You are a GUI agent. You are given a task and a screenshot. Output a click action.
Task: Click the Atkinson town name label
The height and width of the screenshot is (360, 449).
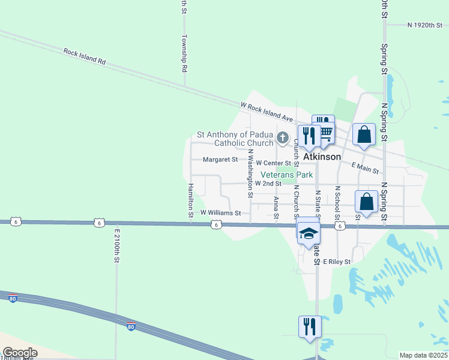click(322, 157)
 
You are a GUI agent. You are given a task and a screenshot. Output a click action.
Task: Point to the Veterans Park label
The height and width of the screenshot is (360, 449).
click(286, 175)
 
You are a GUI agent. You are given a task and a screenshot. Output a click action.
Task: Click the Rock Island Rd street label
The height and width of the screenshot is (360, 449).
click(85, 57)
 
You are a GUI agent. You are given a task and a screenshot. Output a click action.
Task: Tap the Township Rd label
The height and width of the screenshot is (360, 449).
click(185, 57)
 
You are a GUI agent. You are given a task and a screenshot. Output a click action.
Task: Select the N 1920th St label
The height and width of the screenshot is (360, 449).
click(424, 26)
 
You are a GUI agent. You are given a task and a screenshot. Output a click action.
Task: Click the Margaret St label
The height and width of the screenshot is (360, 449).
click(220, 160)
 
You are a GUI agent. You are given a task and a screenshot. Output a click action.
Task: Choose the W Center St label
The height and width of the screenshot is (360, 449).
click(273, 163)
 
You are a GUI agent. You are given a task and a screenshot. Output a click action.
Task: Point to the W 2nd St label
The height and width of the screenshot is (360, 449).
click(268, 183)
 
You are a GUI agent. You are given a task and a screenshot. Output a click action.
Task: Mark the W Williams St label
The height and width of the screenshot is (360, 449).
click(220, 212)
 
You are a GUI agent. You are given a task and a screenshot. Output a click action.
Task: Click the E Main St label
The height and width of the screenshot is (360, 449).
click(366, 167)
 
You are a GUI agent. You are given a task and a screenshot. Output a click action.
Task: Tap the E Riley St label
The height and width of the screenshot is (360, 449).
click(336, 262)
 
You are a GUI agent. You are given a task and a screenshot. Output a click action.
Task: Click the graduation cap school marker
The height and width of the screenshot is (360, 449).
click(309, 233)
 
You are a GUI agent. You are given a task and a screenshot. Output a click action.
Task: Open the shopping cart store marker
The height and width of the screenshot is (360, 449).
click(325, 131)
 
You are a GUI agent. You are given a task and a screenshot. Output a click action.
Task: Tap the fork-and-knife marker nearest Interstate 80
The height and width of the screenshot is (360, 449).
click(310, 327)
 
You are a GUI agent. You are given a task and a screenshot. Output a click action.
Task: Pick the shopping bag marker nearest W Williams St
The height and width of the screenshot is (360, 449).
click(366, 202)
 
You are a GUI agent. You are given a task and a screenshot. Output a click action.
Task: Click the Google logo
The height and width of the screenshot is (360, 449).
click(19, 353)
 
